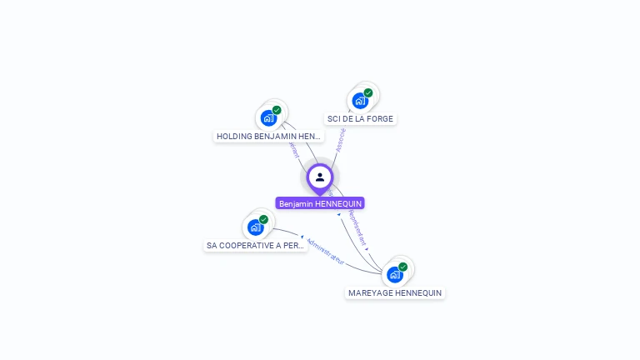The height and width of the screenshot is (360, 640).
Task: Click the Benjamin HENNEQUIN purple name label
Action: [320, 203]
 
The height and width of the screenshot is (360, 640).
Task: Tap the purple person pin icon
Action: [320, 177]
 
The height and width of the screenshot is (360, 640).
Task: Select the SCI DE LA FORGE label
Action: [360, 119]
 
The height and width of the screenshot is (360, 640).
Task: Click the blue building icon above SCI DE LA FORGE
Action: [360, 101]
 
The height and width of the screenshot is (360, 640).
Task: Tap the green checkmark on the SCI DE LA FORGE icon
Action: [368, 92]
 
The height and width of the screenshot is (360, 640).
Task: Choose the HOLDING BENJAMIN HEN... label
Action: [267, 136]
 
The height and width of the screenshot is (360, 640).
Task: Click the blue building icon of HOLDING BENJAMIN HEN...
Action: [268, 117]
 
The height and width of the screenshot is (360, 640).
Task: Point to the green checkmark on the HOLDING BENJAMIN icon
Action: [277, 110]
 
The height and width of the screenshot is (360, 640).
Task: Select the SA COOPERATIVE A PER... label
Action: [255, 246]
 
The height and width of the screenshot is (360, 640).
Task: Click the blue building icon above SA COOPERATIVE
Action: [255, 227]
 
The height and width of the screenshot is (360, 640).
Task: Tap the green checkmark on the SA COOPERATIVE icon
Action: [263, 219]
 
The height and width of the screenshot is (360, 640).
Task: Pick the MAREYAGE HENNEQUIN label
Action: [395, 292]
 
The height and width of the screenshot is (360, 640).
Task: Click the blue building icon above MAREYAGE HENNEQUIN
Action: [394, 274]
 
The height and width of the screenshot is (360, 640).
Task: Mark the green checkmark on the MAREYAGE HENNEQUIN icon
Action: [402, 267]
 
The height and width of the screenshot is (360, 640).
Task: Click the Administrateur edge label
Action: [325, 251]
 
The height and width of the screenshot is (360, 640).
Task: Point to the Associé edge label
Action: [340, 140]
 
